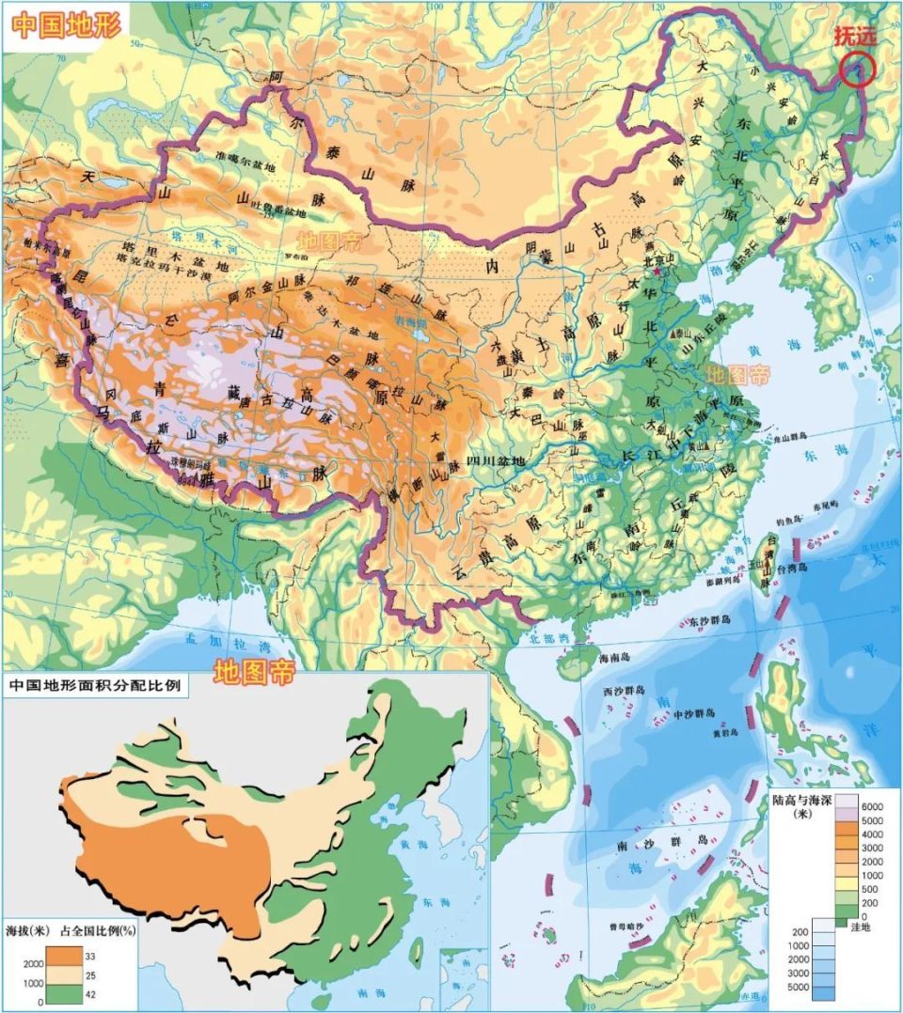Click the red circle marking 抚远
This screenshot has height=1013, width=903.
(857, 70)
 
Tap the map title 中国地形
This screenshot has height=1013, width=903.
(67, 25)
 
